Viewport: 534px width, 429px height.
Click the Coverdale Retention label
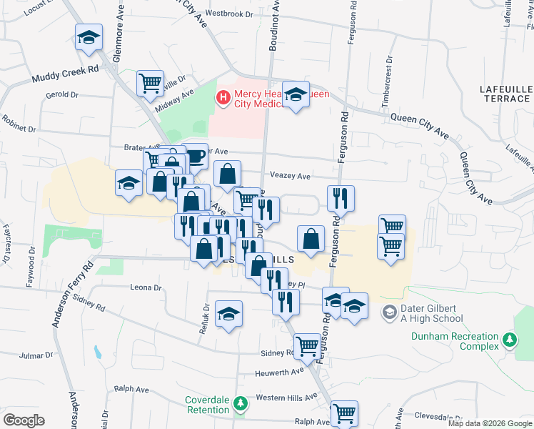[x=208, y=405]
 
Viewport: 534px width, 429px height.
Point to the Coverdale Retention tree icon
[x=241, y=405]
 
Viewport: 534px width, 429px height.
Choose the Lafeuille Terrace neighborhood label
[x=506, y=93]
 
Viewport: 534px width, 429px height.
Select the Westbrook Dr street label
[x=229, y=14]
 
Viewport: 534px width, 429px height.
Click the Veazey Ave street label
[x=290, y=176]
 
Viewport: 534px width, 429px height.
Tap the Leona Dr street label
[x=146, y=287]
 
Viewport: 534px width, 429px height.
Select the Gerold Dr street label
[x=61, y=94]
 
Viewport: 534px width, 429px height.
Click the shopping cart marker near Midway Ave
[x=150, y=83]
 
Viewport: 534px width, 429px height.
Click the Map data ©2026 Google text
[x=489, y=423]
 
